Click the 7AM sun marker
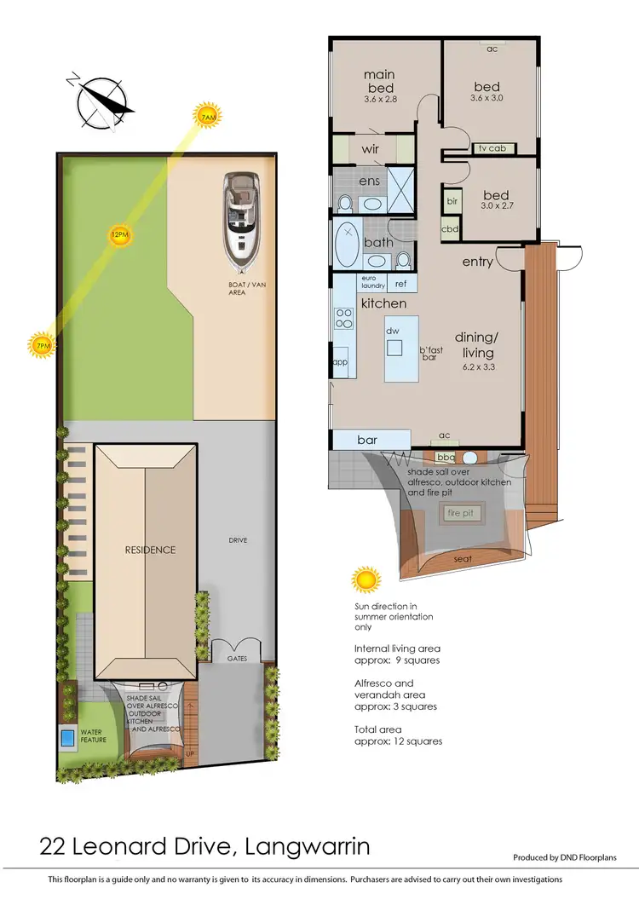tap(206, 117)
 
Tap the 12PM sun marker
tap(119, 234)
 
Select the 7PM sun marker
tap(41, 344)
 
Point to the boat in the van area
tap(242, 218)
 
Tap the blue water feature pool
tap(67, 735)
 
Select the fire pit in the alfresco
tap(460, 514)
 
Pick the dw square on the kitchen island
tap(394, 347)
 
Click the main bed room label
tap(380, 82)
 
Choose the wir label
tap(370, 149)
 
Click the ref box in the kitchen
tap(400, 284)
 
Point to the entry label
tap(477, 262)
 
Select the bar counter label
tap(367, 440)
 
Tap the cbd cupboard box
tap(450, 229)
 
